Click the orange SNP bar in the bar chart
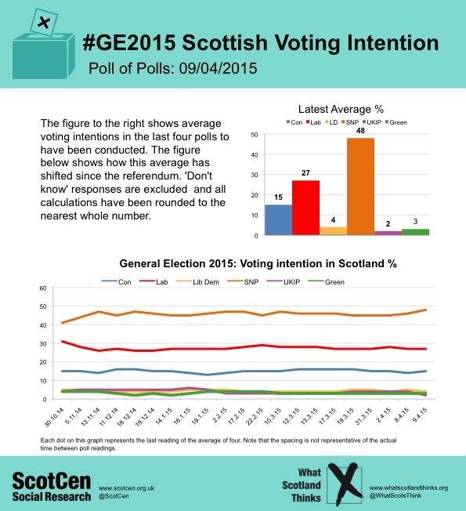(x=360, y=187)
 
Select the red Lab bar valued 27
(x=305, y=208)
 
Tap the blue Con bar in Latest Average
(x=279, y=219)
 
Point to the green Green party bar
(x=415, y=232)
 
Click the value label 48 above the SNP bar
(x=360, y=131)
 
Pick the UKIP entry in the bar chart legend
(x=371, y=122)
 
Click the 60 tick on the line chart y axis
(x=43, y=288)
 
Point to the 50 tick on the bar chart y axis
(x=255, y=135)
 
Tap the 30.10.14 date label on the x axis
(x=54, y=417)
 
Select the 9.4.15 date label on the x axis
(x=420, y=415)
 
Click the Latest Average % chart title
(x=341, y=109)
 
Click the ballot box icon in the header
(x=44, y=44)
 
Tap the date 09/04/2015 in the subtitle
(x=218, y=68)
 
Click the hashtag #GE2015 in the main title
(x=129, y=42)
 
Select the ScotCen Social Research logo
(x=52, y=487)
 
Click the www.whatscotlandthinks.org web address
(x=409, y=487)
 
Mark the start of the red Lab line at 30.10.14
(x=62, y=341)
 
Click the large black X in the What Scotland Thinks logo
(x=345, y=484)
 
